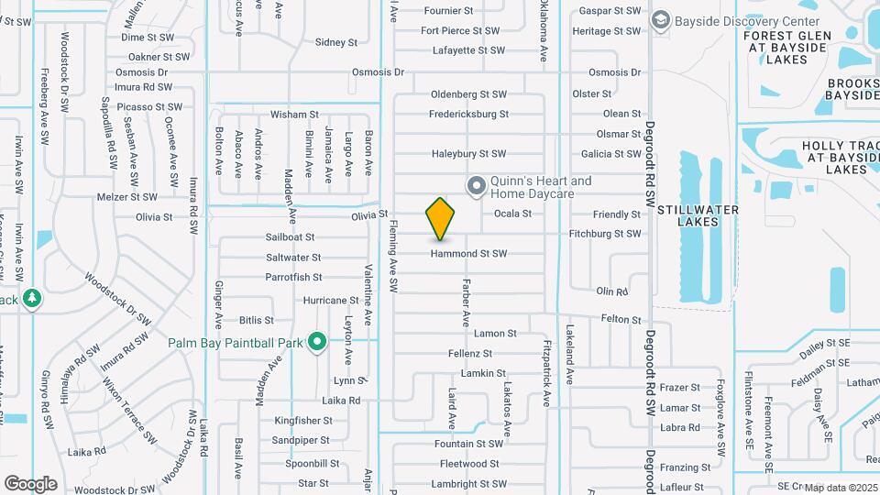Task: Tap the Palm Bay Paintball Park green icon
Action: click(317, 343)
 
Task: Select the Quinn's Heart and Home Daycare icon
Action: click(476, 187)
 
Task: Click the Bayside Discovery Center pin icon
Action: click(659, 21)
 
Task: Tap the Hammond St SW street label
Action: click(469, 253)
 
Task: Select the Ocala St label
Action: click(512, 214)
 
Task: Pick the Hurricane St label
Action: click(330, 300)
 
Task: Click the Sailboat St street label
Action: click(290, 236)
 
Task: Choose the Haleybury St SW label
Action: click(468, 153)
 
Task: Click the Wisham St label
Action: click(293, 115)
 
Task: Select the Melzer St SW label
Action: click(127, 196)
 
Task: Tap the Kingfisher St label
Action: click(303, 421)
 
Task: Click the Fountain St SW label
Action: click(468, 444)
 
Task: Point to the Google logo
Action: click(30, 483)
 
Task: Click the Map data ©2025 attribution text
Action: click(841, 488)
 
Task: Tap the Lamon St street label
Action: click(495, 334)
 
